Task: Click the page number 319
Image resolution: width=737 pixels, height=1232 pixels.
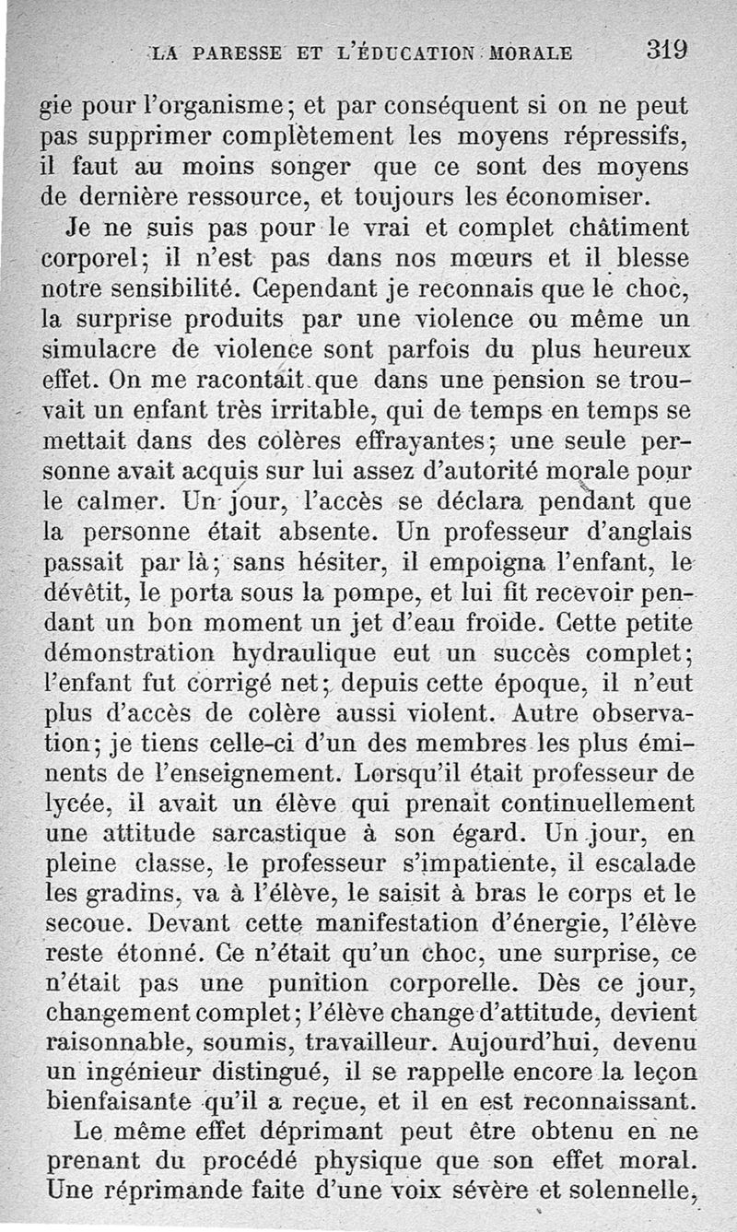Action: [668, 49]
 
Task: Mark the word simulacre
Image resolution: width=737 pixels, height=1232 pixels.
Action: [104, 350]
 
